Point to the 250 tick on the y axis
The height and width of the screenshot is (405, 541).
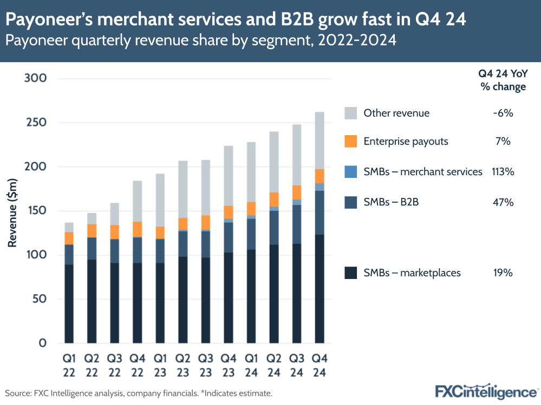click(36, 123)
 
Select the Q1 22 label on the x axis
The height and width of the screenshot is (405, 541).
click(69, 366)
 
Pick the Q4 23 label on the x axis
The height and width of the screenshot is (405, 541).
click(228, 366)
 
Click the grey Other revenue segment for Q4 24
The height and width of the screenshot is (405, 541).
click(320, 141)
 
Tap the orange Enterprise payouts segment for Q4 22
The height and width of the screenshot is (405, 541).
click(137, 229)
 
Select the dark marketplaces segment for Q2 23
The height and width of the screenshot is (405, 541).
click(182, 300)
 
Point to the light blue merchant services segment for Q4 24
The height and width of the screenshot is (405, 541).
click(320, 187)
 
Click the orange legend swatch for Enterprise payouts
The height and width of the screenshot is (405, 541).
click(351, 142)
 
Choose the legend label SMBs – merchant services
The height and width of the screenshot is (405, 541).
click(422, 172)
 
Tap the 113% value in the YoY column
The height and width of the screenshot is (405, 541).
click(503, 172)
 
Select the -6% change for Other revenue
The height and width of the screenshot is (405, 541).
click(503, 113)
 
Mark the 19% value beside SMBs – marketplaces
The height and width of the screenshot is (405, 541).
click(503, 273)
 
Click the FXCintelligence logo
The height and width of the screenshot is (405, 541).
click(486, 391)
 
